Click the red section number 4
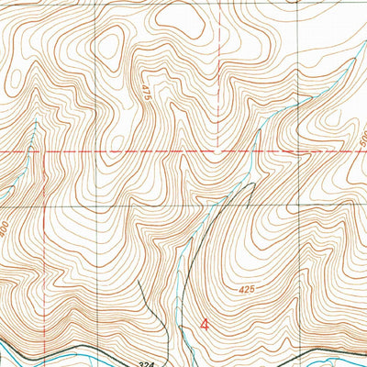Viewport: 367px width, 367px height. click(x=204, y=324)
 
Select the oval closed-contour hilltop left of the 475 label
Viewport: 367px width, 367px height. click(x=112, y=41)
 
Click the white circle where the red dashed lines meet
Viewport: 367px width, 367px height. click(x=216, y=150)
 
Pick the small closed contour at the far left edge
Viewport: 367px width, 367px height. click(x=5, y=188)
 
